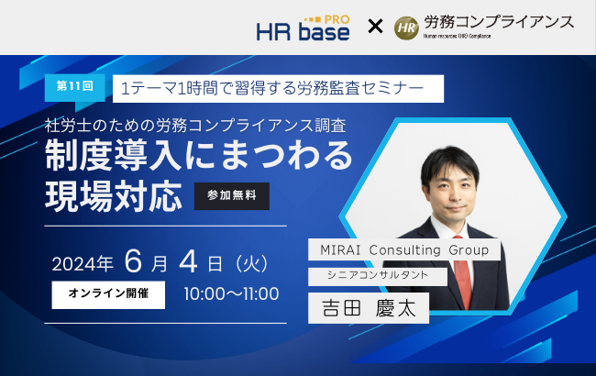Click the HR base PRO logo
303,27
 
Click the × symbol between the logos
374,28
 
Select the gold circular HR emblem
406,28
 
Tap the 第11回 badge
74,88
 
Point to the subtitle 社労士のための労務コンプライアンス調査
195,126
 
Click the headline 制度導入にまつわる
198,158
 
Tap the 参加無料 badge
232,196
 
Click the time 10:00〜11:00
231,295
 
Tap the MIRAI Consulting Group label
404,249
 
